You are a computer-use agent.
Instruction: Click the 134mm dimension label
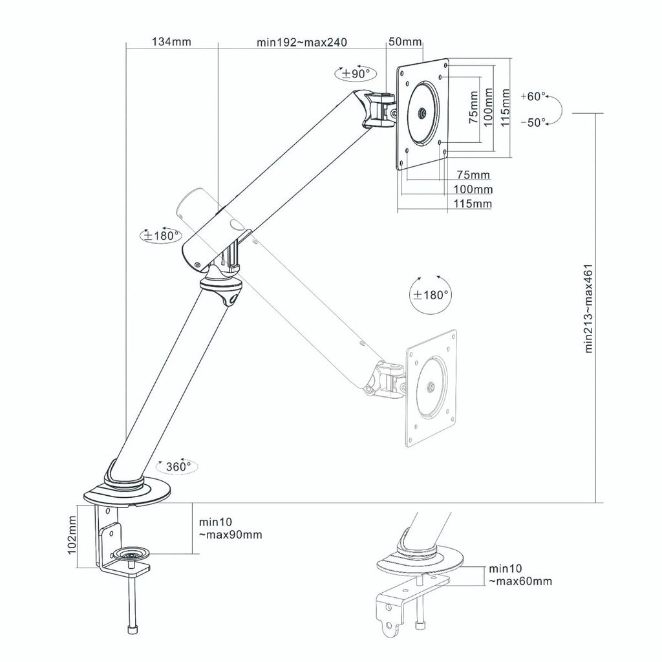(171, 42)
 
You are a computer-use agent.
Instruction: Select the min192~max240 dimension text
(302, 43)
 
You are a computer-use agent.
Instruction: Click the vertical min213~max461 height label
(589, 308)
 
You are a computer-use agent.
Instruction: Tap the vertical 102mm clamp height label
(72, 537)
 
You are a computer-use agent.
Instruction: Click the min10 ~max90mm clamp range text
(230, 529)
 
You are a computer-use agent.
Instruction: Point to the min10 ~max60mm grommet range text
(520, 575)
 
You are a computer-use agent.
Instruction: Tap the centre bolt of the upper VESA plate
(422, 114)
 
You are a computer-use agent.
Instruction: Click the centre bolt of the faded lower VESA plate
(430, 388)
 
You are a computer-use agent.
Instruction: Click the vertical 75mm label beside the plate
(475, 110)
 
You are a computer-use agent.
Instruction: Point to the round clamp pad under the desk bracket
(130, 553)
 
